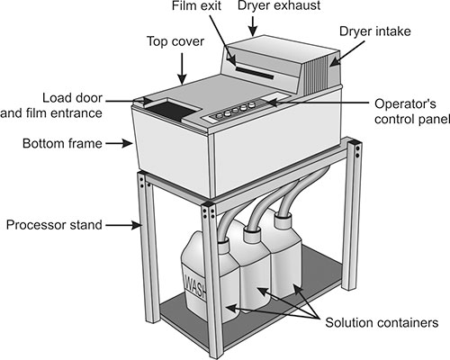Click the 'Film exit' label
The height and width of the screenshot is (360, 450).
[x=196, y=6]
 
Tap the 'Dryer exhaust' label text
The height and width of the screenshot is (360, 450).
[x=279, y=6]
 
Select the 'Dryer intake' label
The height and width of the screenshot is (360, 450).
[x=375, y=31]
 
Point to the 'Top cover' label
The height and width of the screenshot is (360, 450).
[x=175, y=41]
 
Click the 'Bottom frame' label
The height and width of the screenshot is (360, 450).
[x=62, y=143]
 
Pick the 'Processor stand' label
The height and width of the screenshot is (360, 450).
[x=54, y=225]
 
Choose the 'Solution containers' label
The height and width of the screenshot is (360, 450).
[x=382, y=323]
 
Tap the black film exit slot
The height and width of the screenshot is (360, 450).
[x=255, y=73]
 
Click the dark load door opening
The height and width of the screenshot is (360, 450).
[x=172, y=110]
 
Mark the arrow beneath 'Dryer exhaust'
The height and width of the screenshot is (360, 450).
[x=254, y=26]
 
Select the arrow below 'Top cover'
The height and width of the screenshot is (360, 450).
[x=182, y=68]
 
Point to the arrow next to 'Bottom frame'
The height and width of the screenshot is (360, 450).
[x=119, y=144]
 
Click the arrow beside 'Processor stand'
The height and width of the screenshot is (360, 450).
[x=123, y=225]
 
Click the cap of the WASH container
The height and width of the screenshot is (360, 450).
[x=223, y=245]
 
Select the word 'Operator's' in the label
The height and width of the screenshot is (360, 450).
[x=405, y=104]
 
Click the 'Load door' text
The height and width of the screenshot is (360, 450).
[x=72, y=98]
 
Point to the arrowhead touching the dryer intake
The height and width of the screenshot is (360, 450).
[x=335, y=61]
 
